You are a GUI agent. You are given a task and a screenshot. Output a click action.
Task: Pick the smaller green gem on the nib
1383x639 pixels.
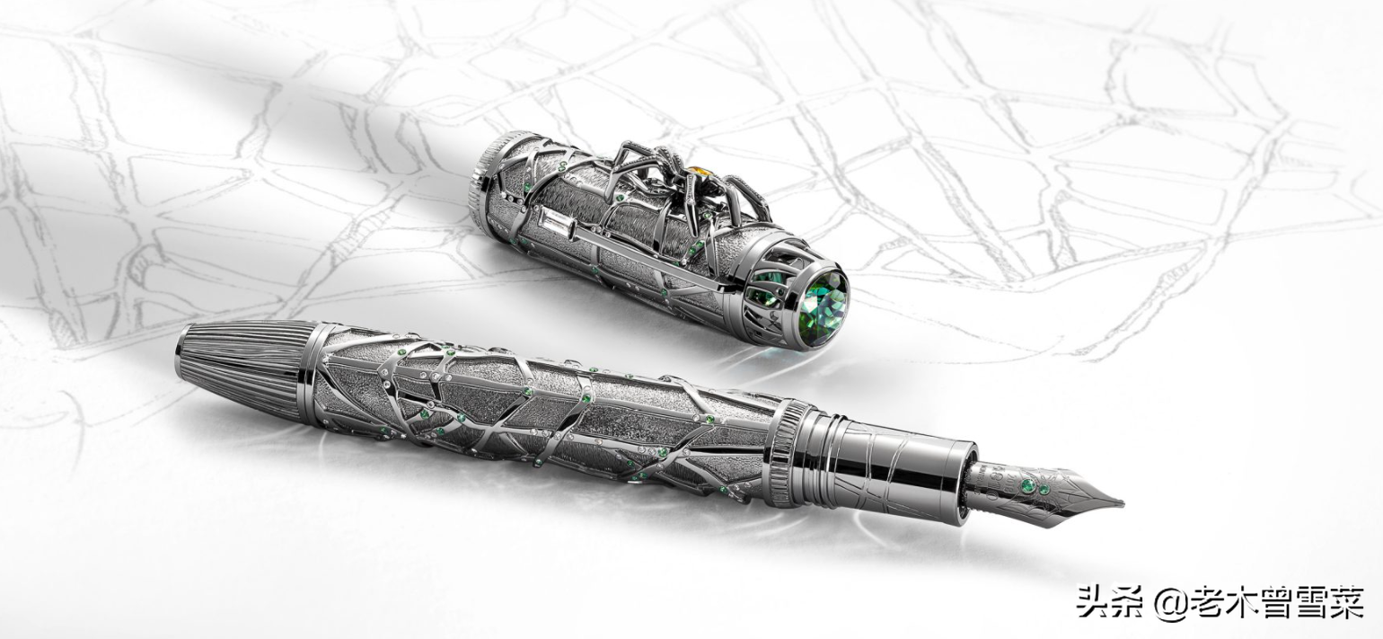[x=1044, y=490]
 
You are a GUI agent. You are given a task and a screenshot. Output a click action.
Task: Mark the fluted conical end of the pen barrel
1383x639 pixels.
[x=247, y=359]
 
